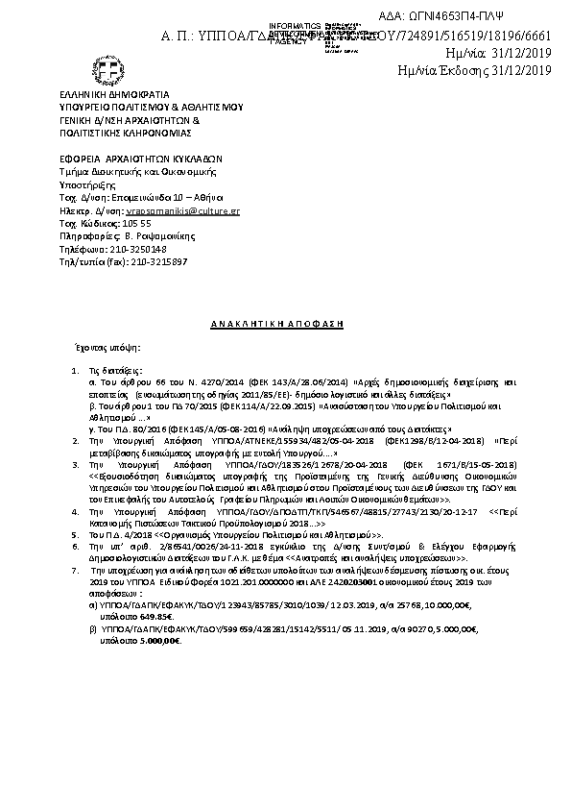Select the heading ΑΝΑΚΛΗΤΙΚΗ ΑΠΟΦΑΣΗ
277,325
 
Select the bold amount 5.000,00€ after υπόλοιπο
158,641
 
